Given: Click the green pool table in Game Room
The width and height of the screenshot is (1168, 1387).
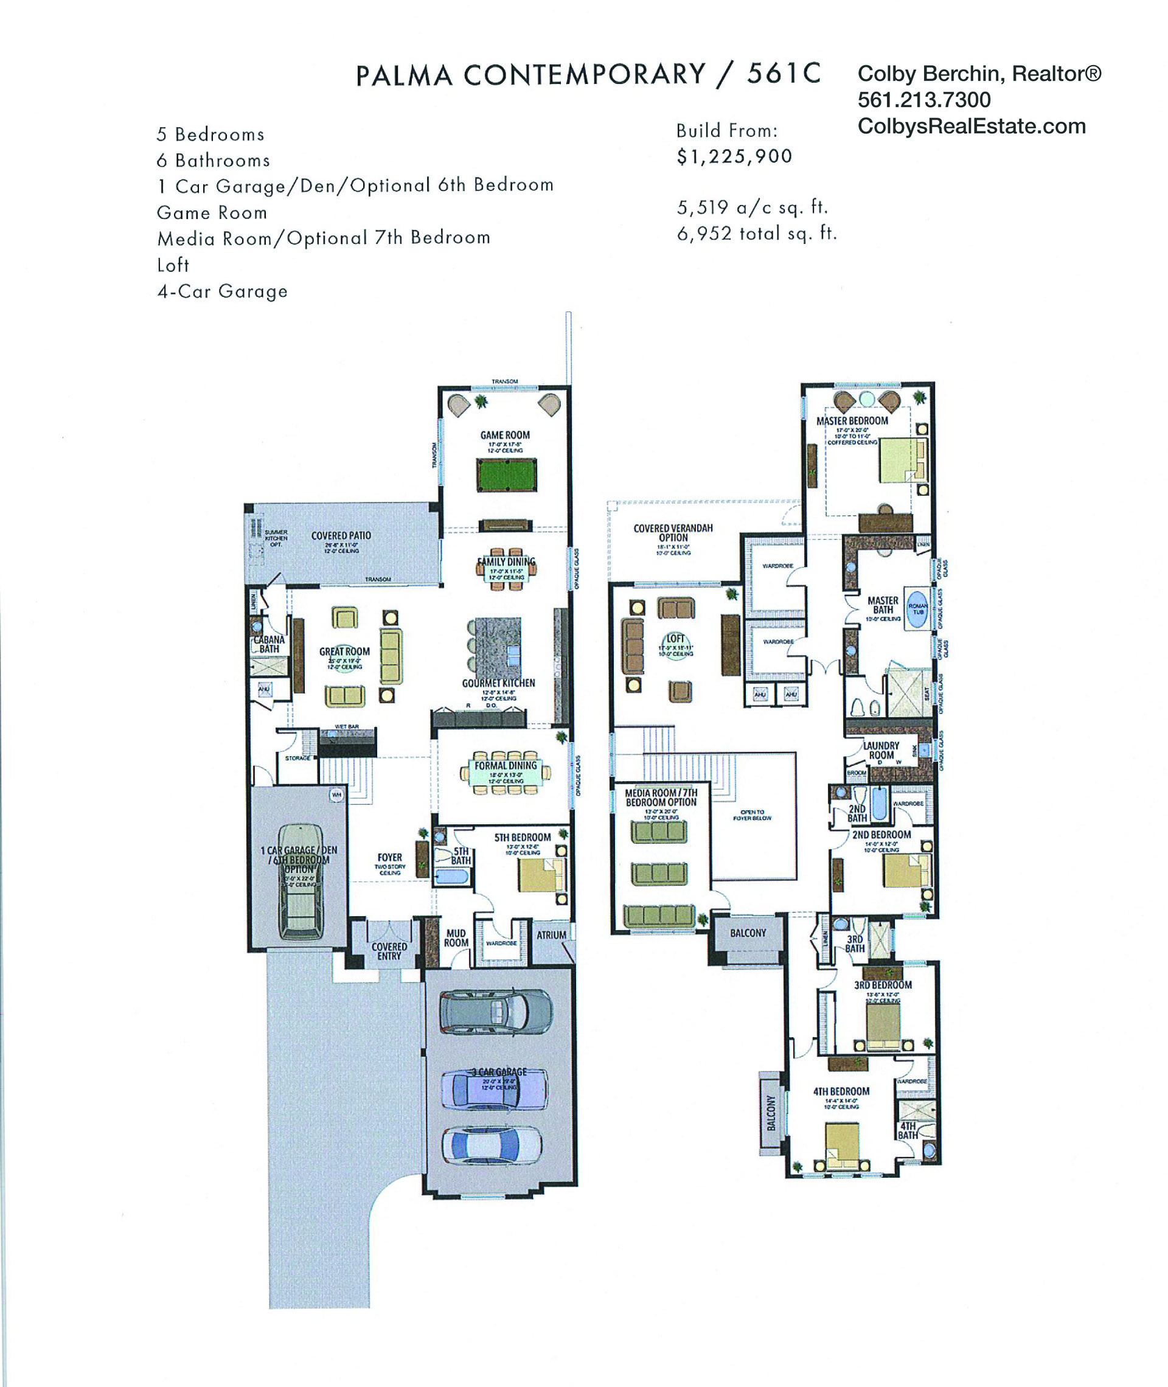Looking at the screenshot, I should pyautogui.click(x=507, y=474).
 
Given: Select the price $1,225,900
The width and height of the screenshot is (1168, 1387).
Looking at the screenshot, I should pyautogui.click(x=734, y=157).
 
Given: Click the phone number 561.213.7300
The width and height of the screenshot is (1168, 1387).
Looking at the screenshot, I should pyautogui.click(x=923, y=100).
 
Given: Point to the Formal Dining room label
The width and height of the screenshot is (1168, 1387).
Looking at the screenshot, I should pyautogui.click(x=505, y=766).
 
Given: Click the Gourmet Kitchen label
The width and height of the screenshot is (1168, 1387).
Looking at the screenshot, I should pyautogui.click(x=498, y=683).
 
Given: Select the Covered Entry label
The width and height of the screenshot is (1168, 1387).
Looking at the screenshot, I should pyautogui.click(x=389, y=951).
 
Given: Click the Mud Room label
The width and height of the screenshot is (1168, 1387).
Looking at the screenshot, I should pyautogui.click(x=456, y=938).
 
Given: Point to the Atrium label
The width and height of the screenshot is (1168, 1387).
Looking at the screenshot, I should pyautogui.click(x=551, y=936).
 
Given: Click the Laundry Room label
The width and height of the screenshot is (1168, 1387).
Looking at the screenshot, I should pyautogui.click(x=881, y=750).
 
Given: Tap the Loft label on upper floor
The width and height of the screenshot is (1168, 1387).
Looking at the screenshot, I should pyautogui.click(x=675, y=639).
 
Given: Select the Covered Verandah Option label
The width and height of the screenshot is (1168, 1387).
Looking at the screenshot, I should pyautogui.click(x=673, y=533).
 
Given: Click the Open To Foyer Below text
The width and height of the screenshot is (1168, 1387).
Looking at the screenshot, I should pyautogui.click(x=752, y=815).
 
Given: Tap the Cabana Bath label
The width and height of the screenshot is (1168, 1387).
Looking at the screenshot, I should pyautogui.click(x=269, y=644).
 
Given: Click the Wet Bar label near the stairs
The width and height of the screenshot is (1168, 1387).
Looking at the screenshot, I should pyautogui.click(x=346, y=726).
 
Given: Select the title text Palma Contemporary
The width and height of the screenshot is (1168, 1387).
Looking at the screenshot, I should pyautogui.click(x=530, y=74).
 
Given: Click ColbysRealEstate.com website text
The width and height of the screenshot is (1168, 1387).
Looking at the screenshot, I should pyautogui.click(x=972, y=127).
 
